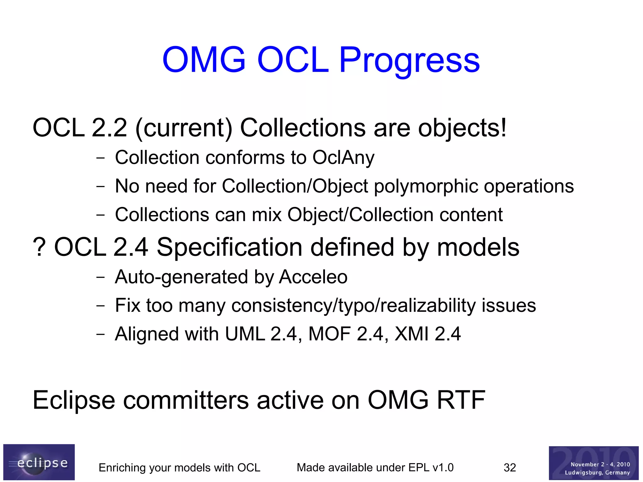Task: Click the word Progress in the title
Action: [409, 60]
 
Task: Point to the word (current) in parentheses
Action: [184, 128]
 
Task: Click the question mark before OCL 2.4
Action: [39, 247]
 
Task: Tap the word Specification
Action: [230, 247]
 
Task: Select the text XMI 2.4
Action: [428, 334]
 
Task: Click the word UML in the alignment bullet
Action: [245, 334]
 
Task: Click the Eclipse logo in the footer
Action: [39, 462]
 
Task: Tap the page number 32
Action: [510, 468]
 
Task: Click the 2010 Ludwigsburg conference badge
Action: [593, 463]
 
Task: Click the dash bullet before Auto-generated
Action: [100, 277]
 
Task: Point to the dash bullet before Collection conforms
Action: [100, 158]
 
